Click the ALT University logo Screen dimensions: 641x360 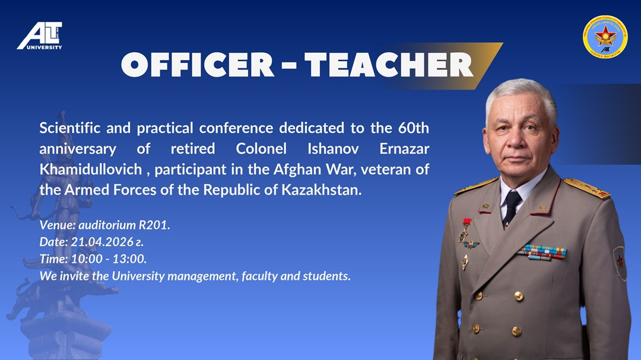(x=40, y=36)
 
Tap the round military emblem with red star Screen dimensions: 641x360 (x=605, y=37)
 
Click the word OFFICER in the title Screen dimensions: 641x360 (x=198, y=65)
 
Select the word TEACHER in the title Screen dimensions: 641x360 (x=389, y=65)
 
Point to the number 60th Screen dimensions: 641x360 (x=413, y=128)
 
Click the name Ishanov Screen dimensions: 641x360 (x=333, y=148)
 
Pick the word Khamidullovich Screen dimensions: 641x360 (x=91, y=169)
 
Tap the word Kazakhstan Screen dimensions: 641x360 (x=321, y=190)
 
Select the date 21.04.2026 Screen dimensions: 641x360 (x=102, y=242)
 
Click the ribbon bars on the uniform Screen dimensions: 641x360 (x=542, y=252)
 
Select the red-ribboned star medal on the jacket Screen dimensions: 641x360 (x=465, y=230)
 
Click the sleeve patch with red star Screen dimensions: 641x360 (x=620, y=263)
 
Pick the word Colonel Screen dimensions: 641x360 (x=261, y=148)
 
